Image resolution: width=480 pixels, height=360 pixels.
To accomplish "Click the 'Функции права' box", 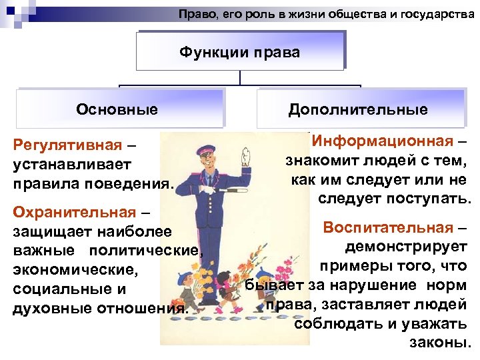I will [x=240, y=52].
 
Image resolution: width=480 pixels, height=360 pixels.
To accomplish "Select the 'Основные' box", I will [x=117, y=109].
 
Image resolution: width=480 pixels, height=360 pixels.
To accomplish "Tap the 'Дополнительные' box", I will [x=358, y=109].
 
